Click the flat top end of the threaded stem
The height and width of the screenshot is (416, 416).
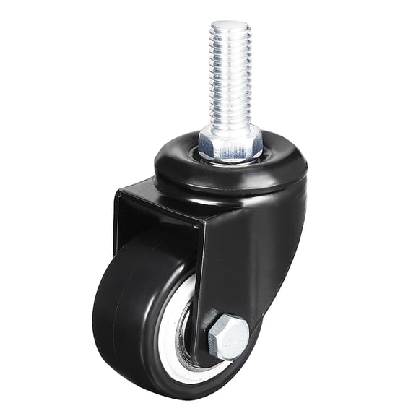click(230, 25)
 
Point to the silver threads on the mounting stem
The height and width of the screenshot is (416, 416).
click(230, 79)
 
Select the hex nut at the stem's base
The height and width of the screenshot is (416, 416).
click(231, 142)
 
